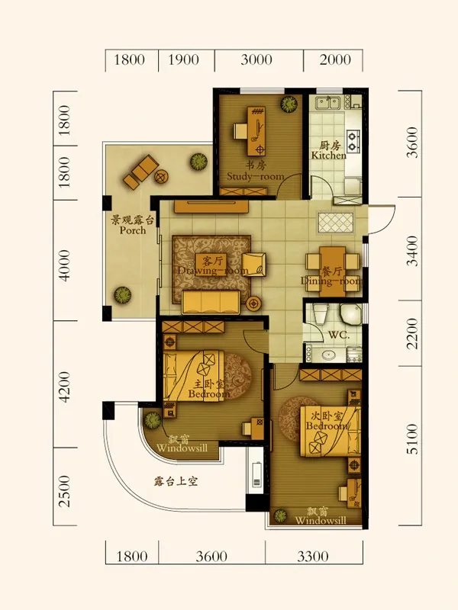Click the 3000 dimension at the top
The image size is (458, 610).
pyautogui.click(x=256, y=59)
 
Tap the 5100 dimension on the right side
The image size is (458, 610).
pyautogui.click(x=412, y=439)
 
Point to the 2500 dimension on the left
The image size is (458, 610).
pyautogui.click(x=65, y=491)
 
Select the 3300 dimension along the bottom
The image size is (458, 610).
pyautogui.click(x=313, y=557)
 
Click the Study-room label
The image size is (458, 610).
pyautogui.click(x=256, y=176)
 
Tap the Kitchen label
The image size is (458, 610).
pyautogui.click(x=329, y=156)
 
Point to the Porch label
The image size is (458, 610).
pyautogui.click(x=132, y=230)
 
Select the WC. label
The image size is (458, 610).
pyautogui.click(x=339, y=335)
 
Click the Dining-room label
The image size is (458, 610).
pyautogui.click(x=331, y=281)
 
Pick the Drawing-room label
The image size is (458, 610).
pyautogui.click(x=213, y=271)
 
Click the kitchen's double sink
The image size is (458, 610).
pyautogui.click(x=328, y=103)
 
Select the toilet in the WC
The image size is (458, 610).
pyautogui.click(x=320, y=315)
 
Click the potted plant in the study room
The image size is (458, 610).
pyautogui.click(x=289, y=104)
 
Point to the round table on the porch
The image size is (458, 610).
pyautogui.click(x=161, y=177)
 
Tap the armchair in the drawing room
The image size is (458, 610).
pyautogui.click(x=254, y=264)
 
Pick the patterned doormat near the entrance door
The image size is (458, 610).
pyautogui.click(x=336, y=223)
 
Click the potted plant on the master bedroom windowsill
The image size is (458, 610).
pyautogui.click(x=152, y=420)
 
